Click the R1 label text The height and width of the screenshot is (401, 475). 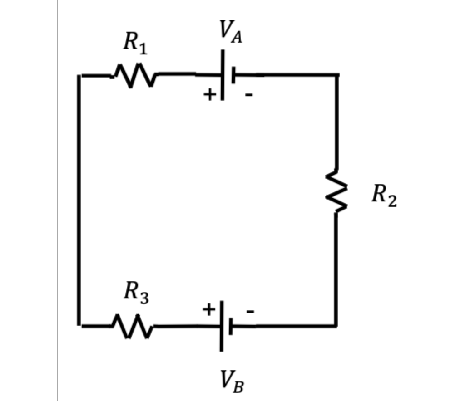[x=135, y=44]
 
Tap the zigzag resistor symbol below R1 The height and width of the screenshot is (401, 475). [x=135, y=75]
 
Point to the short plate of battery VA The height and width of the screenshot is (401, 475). [x=233, y=75]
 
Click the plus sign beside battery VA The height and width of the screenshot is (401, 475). [x=209, y=94]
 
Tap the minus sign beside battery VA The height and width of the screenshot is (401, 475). [x=249, y=95]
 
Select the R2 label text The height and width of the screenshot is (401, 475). [x=384, y=195]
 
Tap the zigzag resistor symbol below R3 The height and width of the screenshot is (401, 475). [x=133, y=326]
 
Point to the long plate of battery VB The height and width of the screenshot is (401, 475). [x=221, y=326]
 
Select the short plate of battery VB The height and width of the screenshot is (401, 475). [x=231, y=326]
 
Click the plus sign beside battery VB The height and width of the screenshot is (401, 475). [x=208, y=309]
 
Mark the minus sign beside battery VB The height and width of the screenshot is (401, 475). [x=250, y=312]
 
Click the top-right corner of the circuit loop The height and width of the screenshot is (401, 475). [x=336, y=74]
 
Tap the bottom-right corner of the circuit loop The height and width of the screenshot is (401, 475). [x=336, y=325]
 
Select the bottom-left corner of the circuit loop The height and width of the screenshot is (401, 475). [x=79, y=325]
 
